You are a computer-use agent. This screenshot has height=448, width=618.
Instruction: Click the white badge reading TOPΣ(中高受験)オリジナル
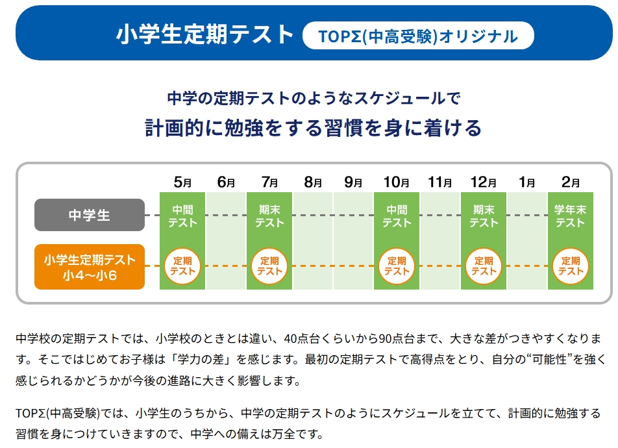coord(418,36)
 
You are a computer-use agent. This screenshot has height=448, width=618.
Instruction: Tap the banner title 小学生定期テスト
coord(205,35)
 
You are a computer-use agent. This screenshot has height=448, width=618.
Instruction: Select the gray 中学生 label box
coord(90,215)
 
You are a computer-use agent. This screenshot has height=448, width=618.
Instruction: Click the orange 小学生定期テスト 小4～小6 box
coord(90,266)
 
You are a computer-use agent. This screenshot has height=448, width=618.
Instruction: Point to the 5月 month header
coord(182,182)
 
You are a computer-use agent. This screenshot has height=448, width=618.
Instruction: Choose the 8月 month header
coord(313,182)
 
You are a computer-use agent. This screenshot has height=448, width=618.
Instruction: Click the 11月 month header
coord(440,182)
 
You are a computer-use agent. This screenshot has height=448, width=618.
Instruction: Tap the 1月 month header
coord(527,182)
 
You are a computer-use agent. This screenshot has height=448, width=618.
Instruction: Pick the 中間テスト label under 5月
coord(182,216)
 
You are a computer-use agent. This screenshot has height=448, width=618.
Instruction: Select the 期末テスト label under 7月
coord(269,216)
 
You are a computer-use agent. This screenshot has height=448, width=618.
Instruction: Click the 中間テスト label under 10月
coord(397,216)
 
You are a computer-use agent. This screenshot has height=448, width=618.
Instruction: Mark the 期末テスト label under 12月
coord(484,216)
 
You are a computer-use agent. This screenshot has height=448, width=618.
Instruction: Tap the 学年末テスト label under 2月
coord(570,216)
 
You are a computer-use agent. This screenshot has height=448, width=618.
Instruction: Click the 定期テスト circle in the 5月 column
coord(182,266)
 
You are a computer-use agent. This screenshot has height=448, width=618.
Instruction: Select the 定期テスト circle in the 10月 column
coord(397,266)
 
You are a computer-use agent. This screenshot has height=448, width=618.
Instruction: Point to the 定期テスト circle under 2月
coord(570,266)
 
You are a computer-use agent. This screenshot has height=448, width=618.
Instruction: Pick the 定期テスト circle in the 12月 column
coord(484,266)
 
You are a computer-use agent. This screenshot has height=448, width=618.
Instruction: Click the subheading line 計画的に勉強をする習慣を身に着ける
coord(313,128)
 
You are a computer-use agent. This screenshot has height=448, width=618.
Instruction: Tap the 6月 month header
coord(226,182)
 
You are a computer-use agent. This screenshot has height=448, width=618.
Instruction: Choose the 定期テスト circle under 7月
coord(269,266)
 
